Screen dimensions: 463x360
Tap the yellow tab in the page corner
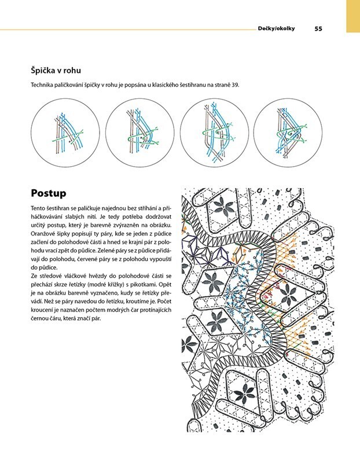(x=353, y=16)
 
